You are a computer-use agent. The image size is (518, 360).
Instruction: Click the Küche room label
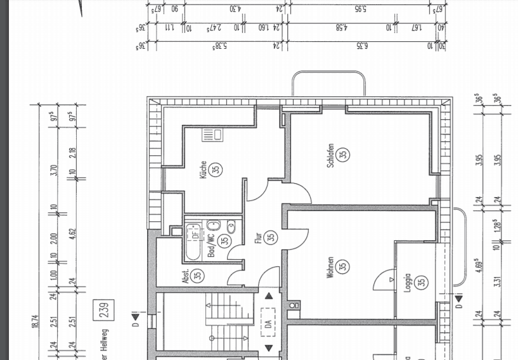[204, 169]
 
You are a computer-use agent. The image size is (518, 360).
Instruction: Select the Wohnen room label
[330, 266]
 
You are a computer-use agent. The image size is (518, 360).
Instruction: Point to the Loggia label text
[408, 283]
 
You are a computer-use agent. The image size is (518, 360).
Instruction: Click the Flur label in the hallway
[259, 237]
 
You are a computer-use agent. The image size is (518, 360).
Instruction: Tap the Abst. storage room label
[186, 276]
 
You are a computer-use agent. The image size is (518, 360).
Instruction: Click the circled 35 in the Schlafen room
[343, 154]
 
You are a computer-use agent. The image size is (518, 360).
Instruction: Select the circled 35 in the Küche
[216, 169]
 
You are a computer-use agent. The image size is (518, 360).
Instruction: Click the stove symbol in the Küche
[211, 134]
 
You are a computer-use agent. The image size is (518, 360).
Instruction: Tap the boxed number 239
[104, 309]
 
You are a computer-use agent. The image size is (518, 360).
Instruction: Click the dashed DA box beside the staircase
[269, 321]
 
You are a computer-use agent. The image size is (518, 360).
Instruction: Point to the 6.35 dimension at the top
[362, 46]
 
